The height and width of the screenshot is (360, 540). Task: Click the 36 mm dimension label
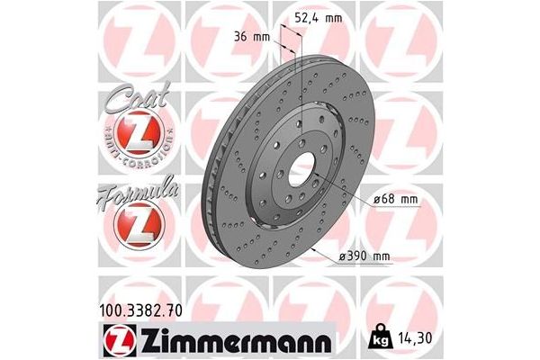point(252,37)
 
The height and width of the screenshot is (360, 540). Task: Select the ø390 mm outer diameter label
point(365,256)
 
